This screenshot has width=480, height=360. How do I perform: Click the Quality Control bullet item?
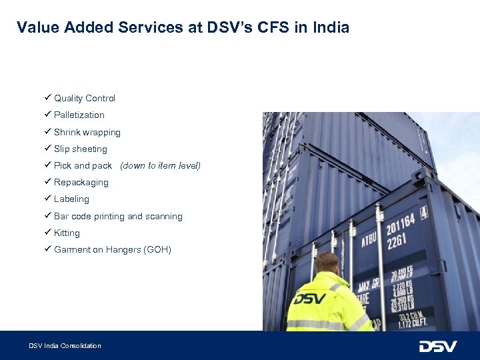(84, 98)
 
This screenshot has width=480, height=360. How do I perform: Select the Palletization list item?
(79, 115)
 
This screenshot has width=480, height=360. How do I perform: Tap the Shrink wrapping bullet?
(87, 132)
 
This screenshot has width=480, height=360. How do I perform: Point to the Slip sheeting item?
(80, 149)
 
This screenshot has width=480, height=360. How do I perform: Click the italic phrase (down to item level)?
(160, 165)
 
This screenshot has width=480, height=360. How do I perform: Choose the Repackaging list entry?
(81, 182)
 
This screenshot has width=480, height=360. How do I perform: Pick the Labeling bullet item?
(71, 199)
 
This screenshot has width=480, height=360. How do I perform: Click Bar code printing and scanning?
(118, 216)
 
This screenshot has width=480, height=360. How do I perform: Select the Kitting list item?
(67, 233)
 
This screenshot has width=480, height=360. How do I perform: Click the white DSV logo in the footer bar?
(437, 346)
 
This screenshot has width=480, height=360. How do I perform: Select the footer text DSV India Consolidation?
(65, 345)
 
